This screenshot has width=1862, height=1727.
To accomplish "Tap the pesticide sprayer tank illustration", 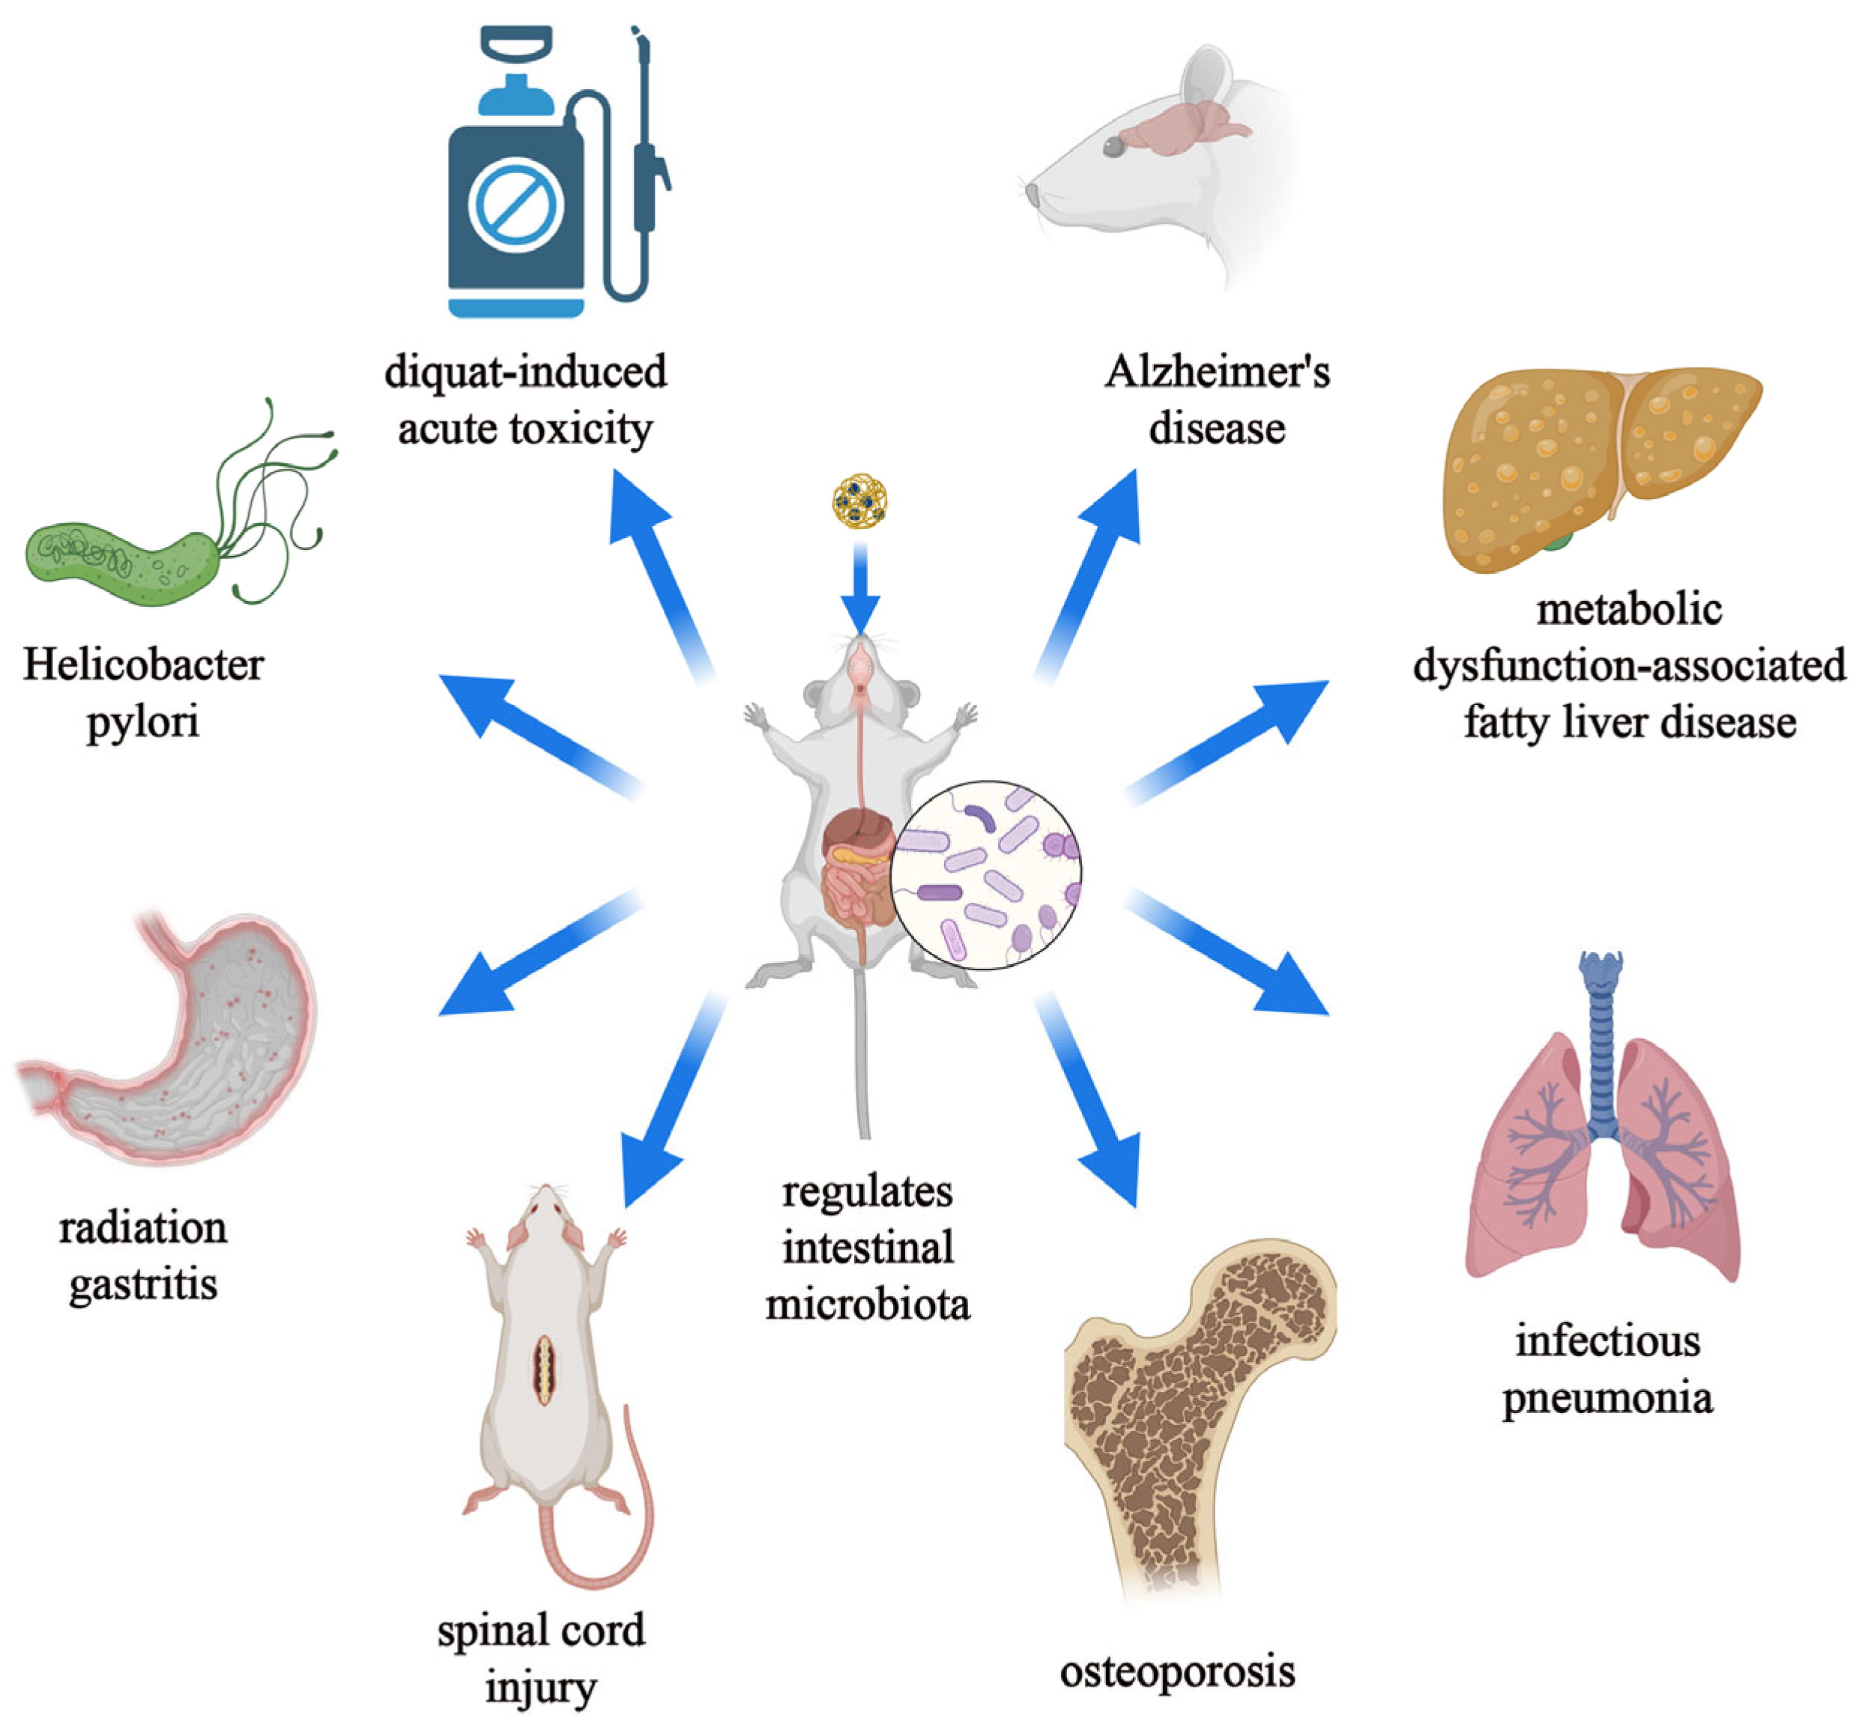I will coord(516,211).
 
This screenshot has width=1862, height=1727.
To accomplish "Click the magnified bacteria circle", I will coord(985,874).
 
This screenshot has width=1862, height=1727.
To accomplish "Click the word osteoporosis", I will coord(1177,1672).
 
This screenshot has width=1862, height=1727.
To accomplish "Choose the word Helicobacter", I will coord(143,666).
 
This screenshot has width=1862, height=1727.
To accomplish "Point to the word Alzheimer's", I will coord(1217,372).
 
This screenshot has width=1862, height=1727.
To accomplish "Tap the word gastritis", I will coord(143,1286).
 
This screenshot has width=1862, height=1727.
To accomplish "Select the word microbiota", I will coord(868,1304).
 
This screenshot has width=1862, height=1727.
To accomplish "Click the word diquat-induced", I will coord(525,372).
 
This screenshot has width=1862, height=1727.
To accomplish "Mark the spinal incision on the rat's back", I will coord(542,1371).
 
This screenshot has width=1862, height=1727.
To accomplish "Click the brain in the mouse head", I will coord(1182,126).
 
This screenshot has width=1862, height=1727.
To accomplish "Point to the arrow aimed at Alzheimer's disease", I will coord(1094,570).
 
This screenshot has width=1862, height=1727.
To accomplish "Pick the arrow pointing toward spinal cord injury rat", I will coord(668,1103).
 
